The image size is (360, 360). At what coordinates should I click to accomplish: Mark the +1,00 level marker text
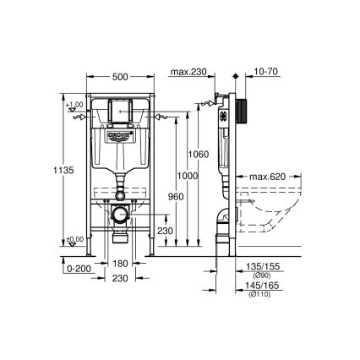[x=74, y=105]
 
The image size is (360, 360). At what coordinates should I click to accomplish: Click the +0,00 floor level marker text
[x=74, y=240]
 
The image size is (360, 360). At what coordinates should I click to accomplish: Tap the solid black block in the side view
[x=245, y=112]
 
